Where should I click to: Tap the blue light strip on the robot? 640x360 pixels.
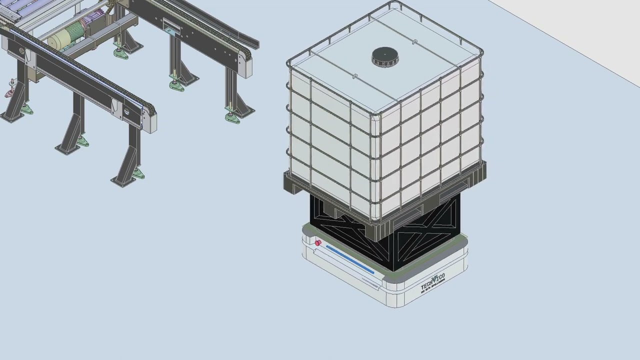[x=350, y=259]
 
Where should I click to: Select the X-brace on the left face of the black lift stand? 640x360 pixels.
[x=350, y=230]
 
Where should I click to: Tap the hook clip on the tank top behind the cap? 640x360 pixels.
[x=414, y=42]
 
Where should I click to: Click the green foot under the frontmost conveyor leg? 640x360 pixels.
[x=138, y=174]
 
